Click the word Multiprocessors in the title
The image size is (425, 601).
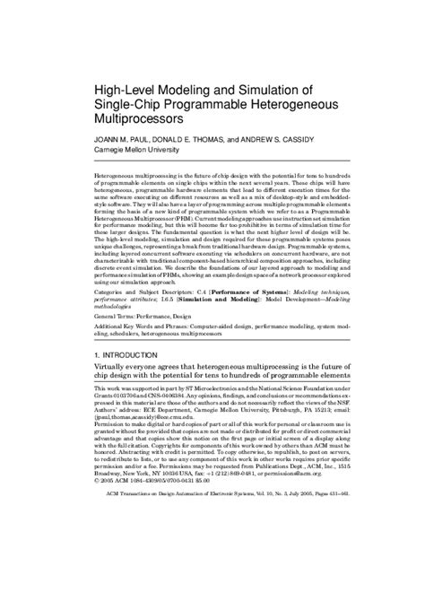(138, 118)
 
